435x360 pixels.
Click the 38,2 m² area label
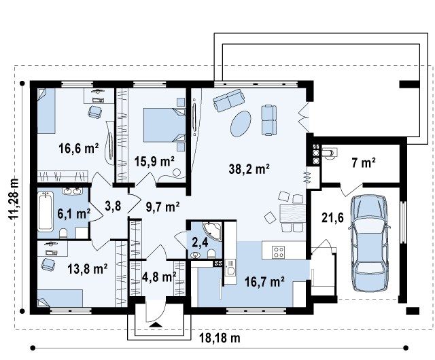[x=249, y=168]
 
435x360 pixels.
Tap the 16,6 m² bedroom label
[x=79, y=148]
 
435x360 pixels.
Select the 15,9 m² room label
[x=154, y=161]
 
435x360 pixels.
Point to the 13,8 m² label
[x=88, y=268]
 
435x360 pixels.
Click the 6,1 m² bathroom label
[x=74, y=213]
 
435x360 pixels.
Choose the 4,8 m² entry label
[x=159, y=276]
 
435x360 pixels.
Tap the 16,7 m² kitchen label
[x=264, y=282]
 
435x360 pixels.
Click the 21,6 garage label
[x=332, y=218]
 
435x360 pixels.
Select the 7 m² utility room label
[x=364, y=163]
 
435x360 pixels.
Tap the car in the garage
[x=369, y=243]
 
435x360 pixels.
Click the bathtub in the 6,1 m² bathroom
[x=46, y=212]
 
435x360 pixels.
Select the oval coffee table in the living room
[x=241, y=124]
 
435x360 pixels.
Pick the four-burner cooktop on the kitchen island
[x=278, y=252]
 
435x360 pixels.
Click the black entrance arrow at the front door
[x=156, y=325]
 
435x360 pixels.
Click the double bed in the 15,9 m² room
[x=164, y=125]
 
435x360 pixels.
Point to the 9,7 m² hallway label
[x=162, y=206]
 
